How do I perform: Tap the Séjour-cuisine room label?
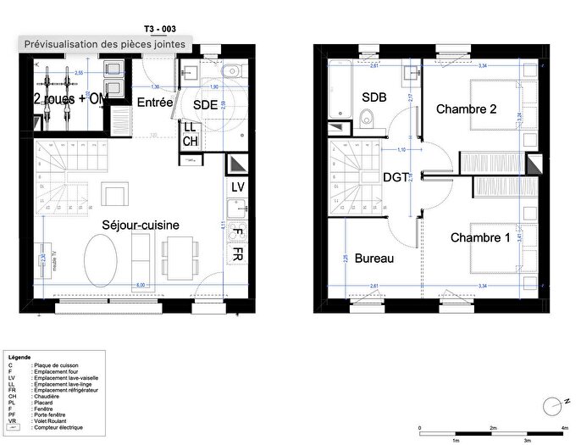(x=140, y=225)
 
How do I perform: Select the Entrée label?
(x=155, y=103)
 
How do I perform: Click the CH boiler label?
(x=190, y=141)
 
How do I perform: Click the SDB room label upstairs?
(x=373, y=97)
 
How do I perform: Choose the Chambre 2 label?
(x=466, y=108)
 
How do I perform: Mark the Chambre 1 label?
(x=480, y=237)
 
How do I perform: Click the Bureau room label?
(x=374, y=258)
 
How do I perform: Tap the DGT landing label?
(x=396, y=177)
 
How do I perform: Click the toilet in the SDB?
(x=368, y=120)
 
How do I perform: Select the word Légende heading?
(x=19, y=357)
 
